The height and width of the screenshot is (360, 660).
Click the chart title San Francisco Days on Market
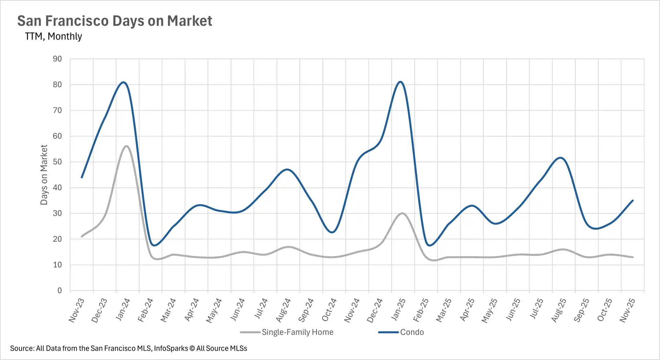114,21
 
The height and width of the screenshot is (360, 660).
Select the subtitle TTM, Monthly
53,36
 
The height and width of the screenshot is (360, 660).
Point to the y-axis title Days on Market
44,175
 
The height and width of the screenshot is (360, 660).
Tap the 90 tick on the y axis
57,59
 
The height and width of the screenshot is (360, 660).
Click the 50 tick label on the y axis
57,162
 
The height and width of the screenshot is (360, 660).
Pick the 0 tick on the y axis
59,291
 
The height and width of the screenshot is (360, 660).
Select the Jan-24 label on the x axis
123,310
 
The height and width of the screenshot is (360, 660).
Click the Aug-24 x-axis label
283,310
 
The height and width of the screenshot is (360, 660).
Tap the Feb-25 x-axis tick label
421,310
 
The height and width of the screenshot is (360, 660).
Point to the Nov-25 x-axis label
627,310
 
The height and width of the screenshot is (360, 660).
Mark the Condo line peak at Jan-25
400,82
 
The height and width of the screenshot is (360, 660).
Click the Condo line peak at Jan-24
124,82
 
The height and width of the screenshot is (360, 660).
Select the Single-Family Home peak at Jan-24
126,146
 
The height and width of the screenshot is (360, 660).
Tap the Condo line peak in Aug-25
561,158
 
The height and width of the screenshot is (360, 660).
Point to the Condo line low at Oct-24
332,233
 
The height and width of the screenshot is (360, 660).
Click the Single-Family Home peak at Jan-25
402,213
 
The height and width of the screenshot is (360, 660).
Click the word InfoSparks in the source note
171,348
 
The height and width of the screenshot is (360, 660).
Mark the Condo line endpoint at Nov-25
632,201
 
